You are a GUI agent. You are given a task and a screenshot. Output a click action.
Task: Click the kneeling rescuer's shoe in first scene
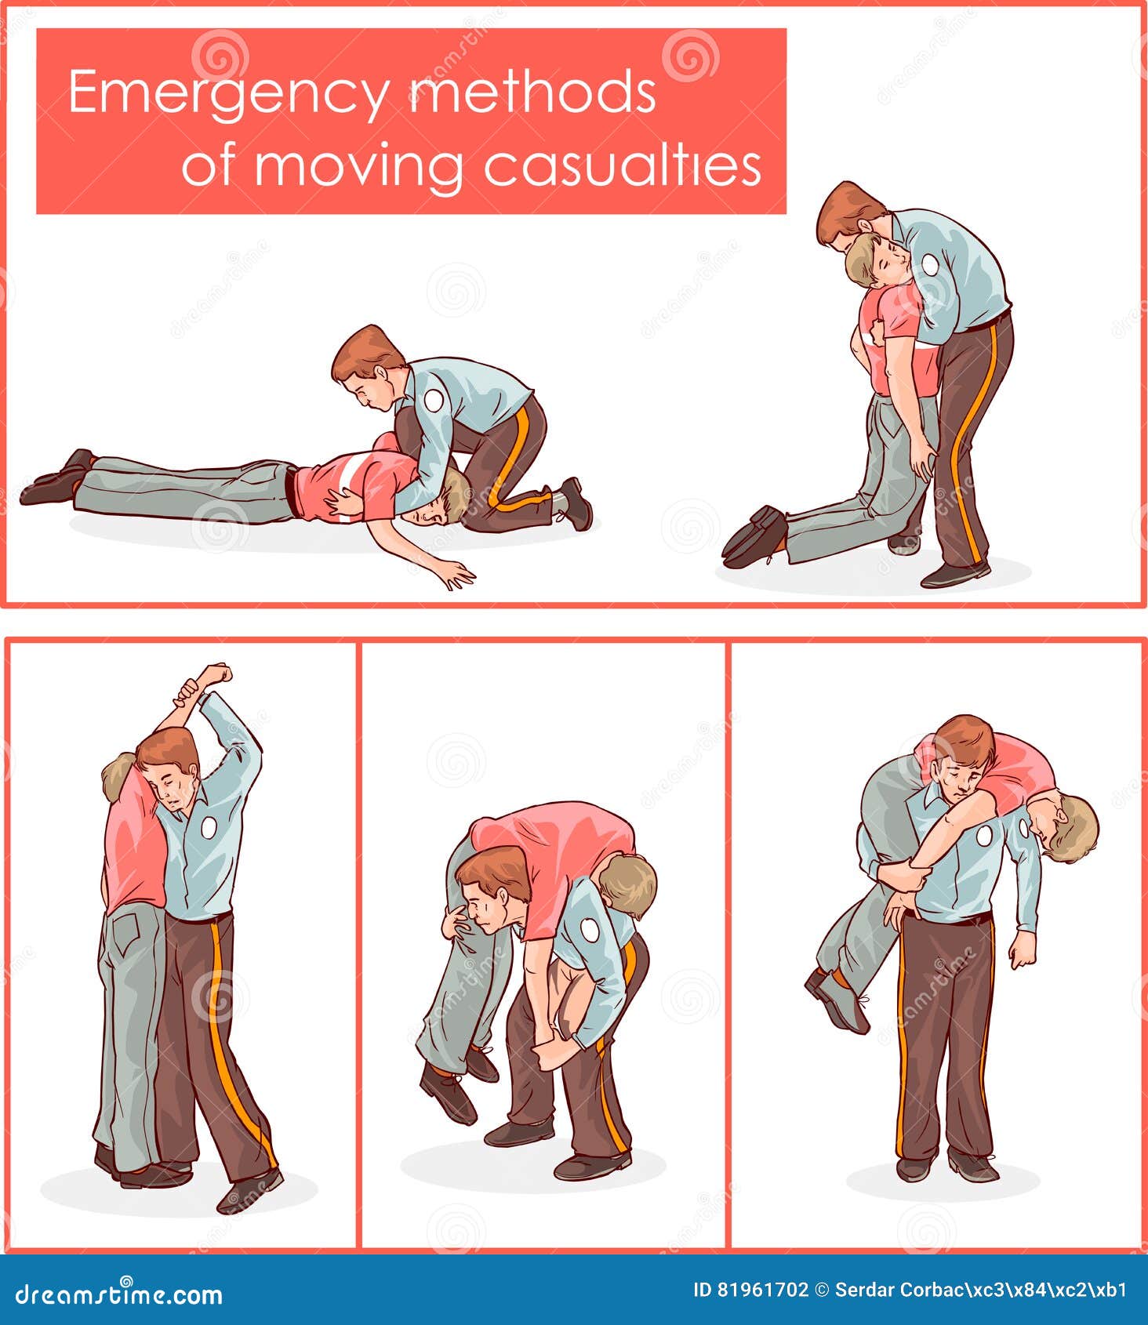(576, 503)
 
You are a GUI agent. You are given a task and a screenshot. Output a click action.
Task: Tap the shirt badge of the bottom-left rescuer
(209, 827)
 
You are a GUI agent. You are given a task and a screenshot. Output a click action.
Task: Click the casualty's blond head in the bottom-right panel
(1067, 827)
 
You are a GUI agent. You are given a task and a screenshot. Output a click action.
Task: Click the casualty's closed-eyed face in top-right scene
(888, 259)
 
